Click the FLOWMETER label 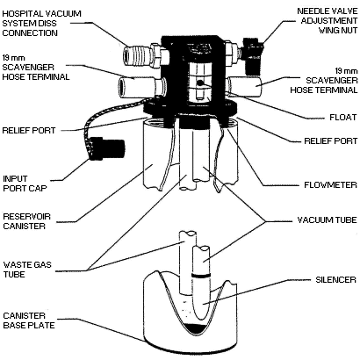pos(325,185)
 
